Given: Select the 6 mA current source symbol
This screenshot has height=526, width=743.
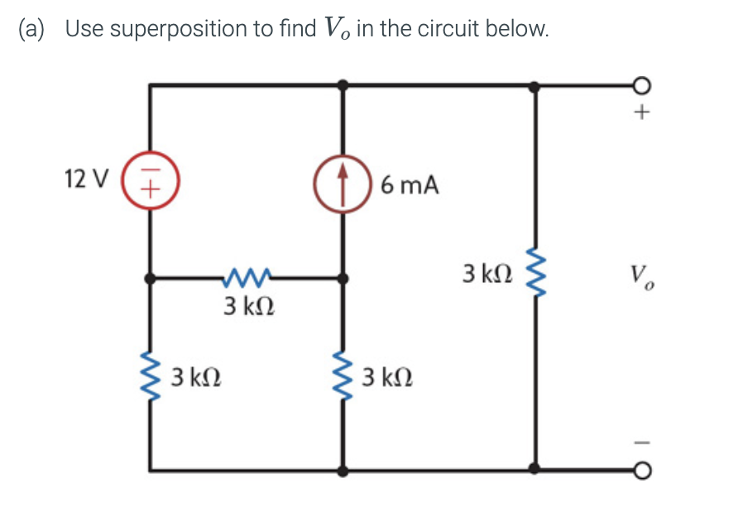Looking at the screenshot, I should [x=343, y=183].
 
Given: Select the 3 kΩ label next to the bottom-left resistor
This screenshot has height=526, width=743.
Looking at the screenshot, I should [x=195, y=379].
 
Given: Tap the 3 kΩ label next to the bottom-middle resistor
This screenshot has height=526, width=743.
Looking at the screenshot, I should [x=387, y=379].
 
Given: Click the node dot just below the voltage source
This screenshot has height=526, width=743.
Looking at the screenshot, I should [x=150, y=280].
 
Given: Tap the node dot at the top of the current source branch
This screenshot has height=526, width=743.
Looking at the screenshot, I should [x=343, y=84].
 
